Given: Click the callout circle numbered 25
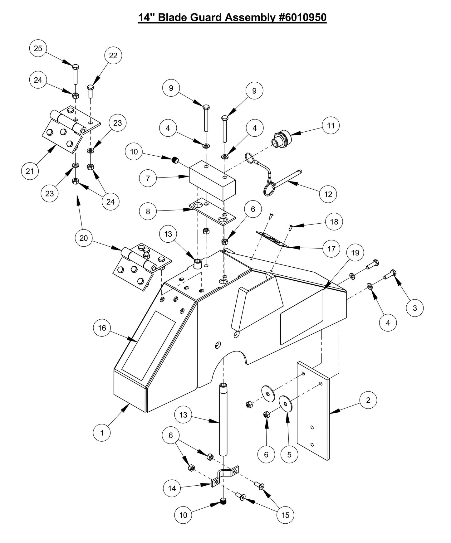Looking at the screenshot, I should click(38, 48).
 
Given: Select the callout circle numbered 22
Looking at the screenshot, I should click(113, 56).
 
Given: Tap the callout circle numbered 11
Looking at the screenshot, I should click(331, 125).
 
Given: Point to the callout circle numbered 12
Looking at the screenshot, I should click(328, 194).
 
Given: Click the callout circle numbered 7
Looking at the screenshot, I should click(148, 178).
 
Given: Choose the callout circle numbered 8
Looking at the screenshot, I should click(148, 211).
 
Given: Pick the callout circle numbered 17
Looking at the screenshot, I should click(331, 249).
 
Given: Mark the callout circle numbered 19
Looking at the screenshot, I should click(355, 253).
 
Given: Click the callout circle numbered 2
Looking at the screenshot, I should click(368, 400).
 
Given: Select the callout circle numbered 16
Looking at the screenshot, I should click(102, 328).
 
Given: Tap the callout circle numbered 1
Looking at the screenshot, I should click(102, 433).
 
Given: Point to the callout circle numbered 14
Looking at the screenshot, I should click(172, 488).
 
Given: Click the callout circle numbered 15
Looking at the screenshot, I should click(285, 515).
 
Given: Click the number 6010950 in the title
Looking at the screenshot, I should click(302, 17).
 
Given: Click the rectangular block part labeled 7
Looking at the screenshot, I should click(212, 181).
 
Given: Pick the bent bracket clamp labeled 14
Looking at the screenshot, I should click(225, 476).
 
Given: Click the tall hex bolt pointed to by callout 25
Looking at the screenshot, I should click(76, 75).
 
